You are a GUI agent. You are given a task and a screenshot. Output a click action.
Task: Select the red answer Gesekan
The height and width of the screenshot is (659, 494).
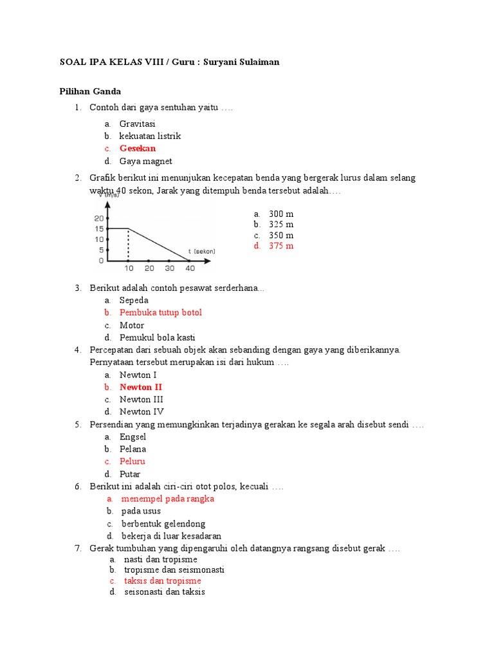[138, 149]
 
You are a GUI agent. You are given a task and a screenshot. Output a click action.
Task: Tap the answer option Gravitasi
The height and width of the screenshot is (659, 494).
[138, 124]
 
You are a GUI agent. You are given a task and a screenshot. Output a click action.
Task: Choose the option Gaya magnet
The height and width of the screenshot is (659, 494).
[145, 161]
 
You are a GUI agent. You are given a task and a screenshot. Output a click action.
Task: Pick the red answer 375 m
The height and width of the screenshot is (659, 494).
[281, 246]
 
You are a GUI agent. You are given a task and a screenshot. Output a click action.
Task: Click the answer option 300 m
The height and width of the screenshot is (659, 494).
[281, 214]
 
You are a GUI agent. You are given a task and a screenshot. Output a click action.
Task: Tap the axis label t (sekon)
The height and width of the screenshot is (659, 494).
[202, 251]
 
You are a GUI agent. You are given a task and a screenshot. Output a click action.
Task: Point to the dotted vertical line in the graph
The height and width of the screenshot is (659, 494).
[128, 245]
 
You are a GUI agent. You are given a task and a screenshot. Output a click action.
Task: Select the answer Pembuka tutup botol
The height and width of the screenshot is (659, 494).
[161, 313]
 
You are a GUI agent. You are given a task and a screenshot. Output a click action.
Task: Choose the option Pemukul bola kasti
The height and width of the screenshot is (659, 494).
[158, 337]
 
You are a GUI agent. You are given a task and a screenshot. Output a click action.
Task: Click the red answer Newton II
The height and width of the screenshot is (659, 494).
[141, 387]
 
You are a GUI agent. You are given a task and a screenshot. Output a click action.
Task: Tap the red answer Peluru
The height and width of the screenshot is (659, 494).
[133, 461]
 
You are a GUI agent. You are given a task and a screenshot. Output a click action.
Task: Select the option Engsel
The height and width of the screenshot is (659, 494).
[133, 437]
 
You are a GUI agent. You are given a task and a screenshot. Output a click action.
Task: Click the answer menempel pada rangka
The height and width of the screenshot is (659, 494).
[168, 499]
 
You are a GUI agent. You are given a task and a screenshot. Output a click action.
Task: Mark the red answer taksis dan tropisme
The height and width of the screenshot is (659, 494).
[163, 580]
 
